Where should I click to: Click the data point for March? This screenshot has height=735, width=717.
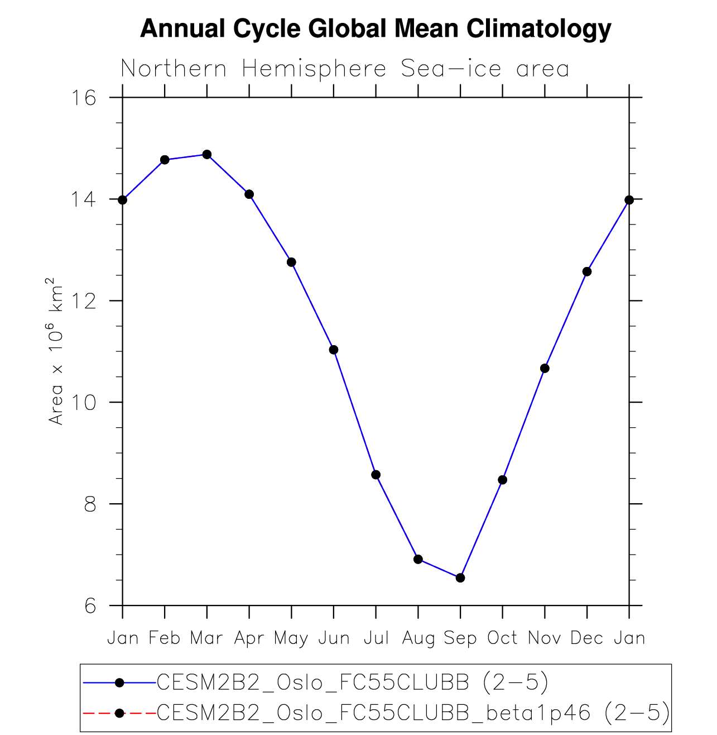[207, 155]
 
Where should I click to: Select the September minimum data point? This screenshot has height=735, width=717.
[460, 577]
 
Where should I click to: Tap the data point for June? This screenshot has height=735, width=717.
[334, 350]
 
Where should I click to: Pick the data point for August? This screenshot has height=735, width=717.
[418, 559]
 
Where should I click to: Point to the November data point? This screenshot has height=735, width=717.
[545, 369]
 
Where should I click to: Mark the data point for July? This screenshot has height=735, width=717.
[376, 475]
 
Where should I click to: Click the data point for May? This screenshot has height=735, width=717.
[291, 262]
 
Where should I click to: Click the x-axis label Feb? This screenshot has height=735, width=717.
[165, 638]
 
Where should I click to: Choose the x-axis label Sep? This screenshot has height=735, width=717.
[460, 638]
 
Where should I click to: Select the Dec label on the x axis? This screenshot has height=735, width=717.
[587, 638]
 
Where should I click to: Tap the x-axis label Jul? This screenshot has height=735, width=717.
[376, 638]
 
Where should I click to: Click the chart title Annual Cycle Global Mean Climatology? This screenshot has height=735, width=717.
[376, 28]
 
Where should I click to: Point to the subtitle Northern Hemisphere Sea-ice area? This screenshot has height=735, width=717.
[345, 69]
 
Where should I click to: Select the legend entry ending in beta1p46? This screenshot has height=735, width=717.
[413, 713]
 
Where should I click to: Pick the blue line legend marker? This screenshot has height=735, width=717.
[119, 682]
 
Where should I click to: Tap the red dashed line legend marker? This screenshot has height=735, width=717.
[119, 713]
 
